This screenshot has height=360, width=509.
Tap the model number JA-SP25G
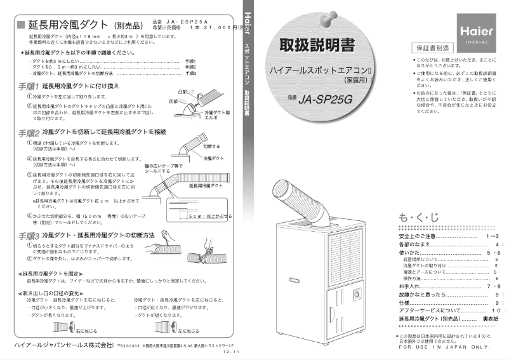330,98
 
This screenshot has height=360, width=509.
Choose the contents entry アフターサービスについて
433,310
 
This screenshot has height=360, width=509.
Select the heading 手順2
29,133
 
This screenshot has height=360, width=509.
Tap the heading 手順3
29,235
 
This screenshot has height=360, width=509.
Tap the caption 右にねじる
86,331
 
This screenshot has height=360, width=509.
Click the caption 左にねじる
188,331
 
